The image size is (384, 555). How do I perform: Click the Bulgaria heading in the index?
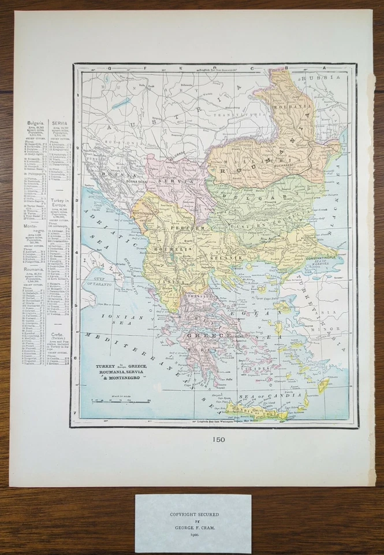click(36, 123)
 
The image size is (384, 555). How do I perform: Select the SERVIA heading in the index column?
click(59, 123)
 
